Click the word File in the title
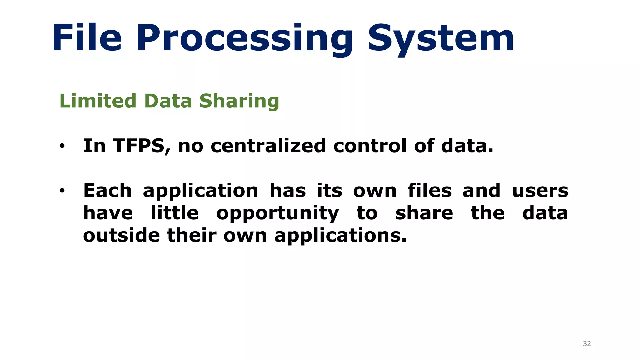click(87, 38)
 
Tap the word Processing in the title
click(245, 39)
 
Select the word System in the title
click(441, 39)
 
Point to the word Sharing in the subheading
click(239, 102)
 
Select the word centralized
click(268, 146)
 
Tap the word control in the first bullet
click(370, 146)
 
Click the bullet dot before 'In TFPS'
click(62, 146)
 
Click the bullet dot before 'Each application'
click(62, 190)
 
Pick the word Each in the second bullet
click(107, 191)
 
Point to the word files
click(430, 191)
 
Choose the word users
click(540, 191)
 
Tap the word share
click(424, 213)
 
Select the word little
click(174, 213)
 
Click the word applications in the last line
click(340, 236)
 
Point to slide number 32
click(587, 344)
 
